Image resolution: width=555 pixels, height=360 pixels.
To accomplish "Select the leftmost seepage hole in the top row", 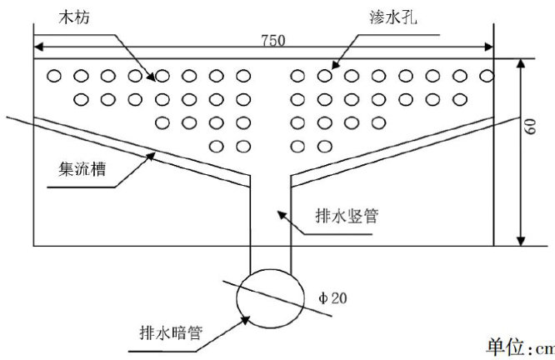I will (x=54, y=76).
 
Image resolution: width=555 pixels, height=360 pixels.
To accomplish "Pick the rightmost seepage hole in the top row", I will (x=484, y=76).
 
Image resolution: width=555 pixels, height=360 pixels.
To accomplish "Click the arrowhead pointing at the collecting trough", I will (x=152, y=151).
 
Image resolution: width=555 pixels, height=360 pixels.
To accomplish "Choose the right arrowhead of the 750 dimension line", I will (x=491, y=47).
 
